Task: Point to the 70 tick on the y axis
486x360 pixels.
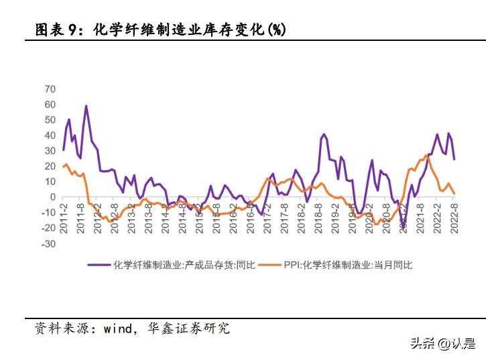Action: (50, 88)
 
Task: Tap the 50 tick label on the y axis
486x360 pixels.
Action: (50, 120)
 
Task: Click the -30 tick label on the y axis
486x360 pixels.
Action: (48, 244)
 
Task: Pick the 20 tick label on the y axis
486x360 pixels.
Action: (50, 166)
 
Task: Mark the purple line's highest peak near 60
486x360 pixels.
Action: (86, 106)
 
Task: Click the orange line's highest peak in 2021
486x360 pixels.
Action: (426, 156)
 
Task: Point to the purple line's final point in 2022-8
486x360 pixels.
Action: (454, 159)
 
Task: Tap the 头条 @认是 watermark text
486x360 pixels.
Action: (442, 344)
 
